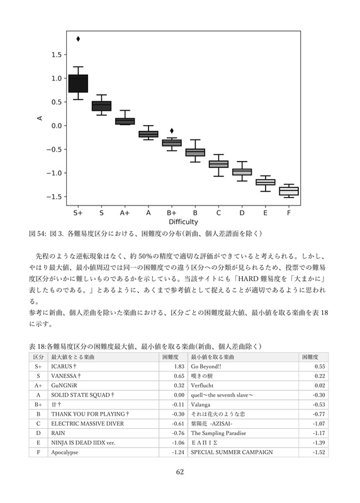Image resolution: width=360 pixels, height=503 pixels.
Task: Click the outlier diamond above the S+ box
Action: pyautogui.click(x=78, y=39)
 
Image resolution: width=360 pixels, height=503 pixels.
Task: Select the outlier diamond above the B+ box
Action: pyautogui.click(x=172, y=131)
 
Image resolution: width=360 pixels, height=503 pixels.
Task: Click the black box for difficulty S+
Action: pyautogui.click(x=78, y=83)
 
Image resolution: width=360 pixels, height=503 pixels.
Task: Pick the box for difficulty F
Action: pyautogui.click(x=288, y=191)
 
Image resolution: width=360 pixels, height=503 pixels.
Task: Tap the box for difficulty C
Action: pyautogui.click(x=218, y=164)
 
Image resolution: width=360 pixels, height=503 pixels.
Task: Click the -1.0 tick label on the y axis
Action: pyautogui.click(x=51, y=173)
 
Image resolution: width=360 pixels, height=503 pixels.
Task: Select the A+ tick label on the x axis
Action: pyautogui.click(x=125, y=213)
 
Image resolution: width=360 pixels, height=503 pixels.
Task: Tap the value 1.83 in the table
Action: pyautogui.click(x=178, y=366)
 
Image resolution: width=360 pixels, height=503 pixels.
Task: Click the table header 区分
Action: pyautogui.click(x=38, y=357)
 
